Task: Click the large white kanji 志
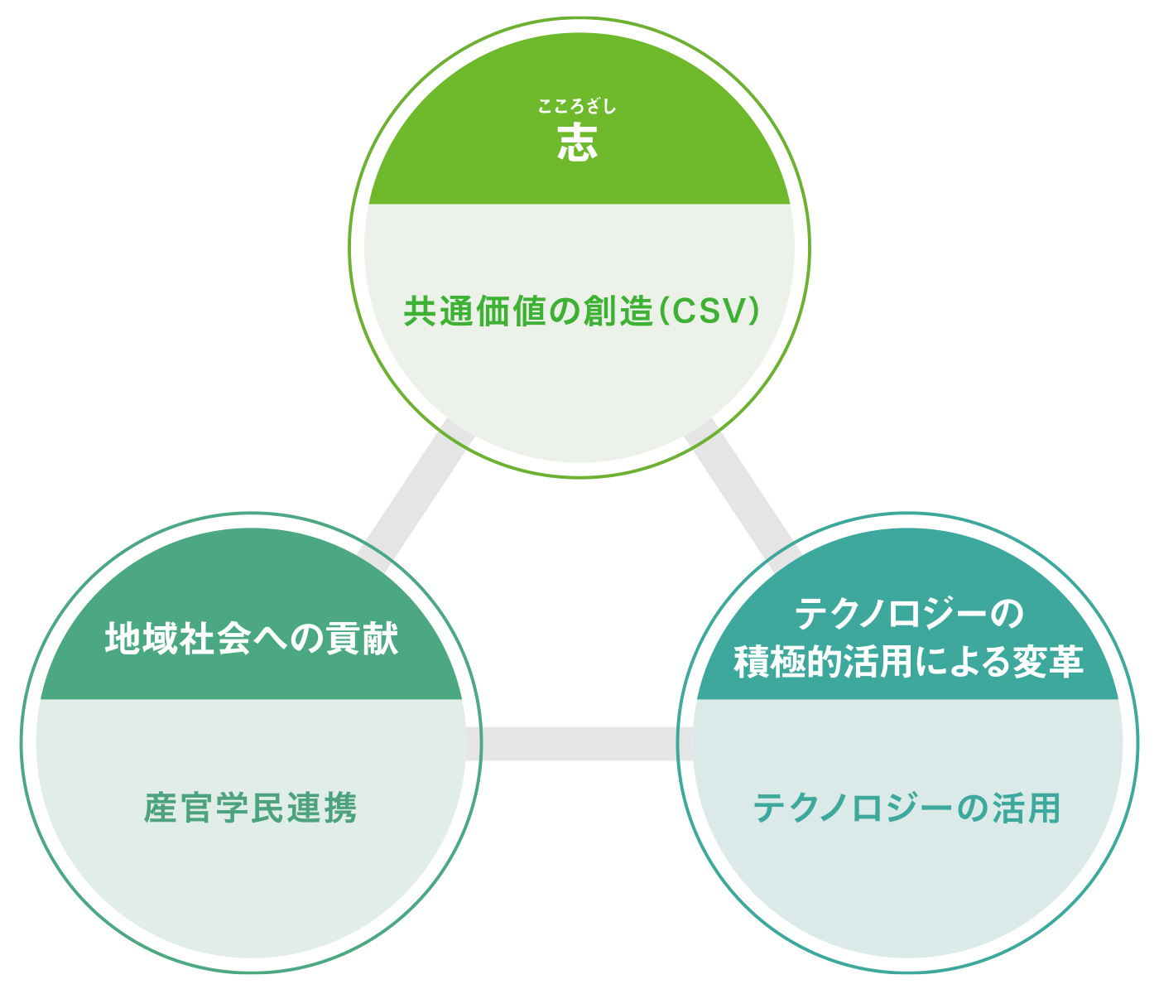pos(577,142)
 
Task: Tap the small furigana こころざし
pos(577,106)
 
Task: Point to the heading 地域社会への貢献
pos(251,638)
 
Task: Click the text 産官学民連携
pos(250,808)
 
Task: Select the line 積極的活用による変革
pos(908,663)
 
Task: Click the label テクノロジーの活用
pos(907,808)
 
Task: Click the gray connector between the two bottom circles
pos(579,744)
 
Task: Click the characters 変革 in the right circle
pos(1048,663)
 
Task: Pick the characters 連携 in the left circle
pos(322,808)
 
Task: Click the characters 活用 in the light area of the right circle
pos(1026,808)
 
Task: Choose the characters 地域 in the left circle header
pos(141,638)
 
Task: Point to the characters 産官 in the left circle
pos(179,808)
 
